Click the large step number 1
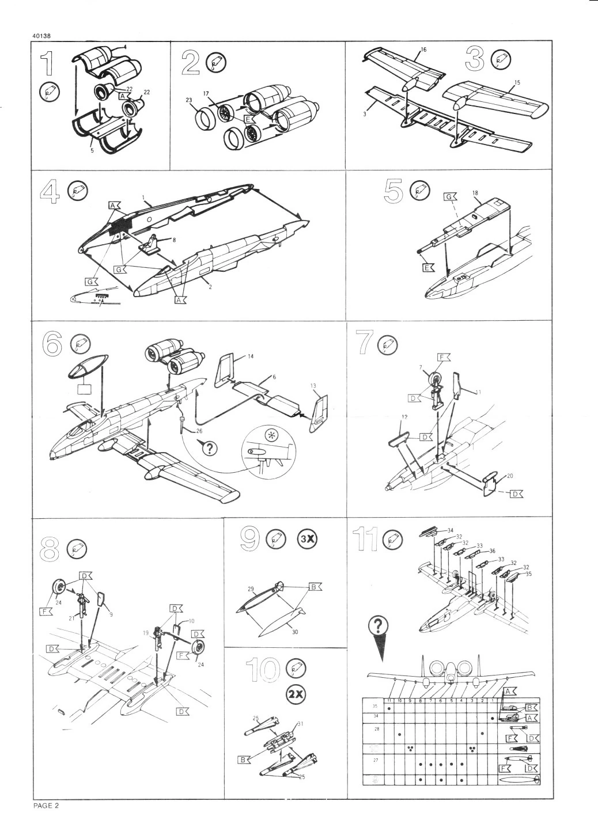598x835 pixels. (x=45, y=63)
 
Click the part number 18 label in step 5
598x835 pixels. (x=475, y=193)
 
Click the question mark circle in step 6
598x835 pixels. (x=207, y=449)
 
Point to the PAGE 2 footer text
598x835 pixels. (x=46, y=806)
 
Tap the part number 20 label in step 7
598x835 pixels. (x=509, y=476)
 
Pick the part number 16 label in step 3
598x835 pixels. (x=423, y=50)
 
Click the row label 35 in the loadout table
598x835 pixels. (x=375, y=706)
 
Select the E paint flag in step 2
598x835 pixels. (x=248, y=119)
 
